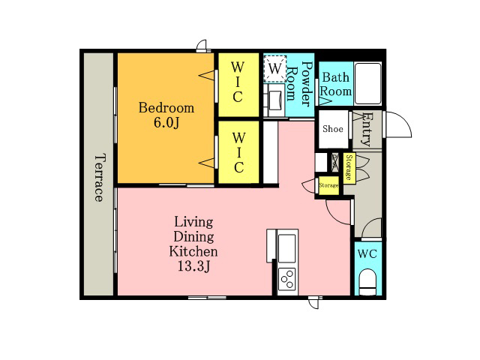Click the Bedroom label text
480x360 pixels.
(x=166, y=108)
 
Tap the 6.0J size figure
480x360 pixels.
(x=166, y=123)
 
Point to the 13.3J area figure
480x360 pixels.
(x=193, y=266)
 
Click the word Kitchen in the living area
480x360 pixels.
(x=193, y=251)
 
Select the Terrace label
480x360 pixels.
(x=99, y=178)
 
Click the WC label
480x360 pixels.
(x=367, y=253)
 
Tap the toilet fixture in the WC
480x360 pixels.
(x=367, y=282)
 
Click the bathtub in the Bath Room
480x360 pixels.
(x=368, y=83)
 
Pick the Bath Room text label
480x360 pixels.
(x=335, y=84)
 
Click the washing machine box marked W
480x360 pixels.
(x=275, y=68)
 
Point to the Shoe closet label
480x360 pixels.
(x=333, y=128)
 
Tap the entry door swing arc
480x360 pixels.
(x=398, y=124)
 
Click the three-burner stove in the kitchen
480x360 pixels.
(x=287, y=279)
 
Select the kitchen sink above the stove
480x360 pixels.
(x=287, y=248)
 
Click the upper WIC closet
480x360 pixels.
(x=238, y=85)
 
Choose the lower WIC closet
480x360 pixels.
(x=238, y=152)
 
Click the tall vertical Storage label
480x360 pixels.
(x=349, y=167)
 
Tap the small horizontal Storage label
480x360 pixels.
(x=328, y=185)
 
